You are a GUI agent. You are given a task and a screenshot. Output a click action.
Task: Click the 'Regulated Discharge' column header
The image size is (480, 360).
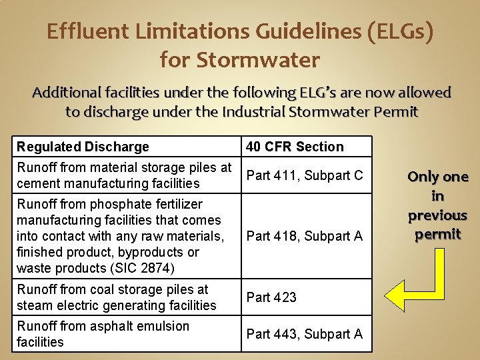(x=83, y=147)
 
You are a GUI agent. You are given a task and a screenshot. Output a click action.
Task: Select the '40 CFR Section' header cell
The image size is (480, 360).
(x=295, y=147)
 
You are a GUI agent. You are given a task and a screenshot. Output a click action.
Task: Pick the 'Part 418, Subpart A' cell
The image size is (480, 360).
(x=305, y=236)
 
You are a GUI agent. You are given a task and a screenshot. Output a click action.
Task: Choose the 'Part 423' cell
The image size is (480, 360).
(x=271, y=297)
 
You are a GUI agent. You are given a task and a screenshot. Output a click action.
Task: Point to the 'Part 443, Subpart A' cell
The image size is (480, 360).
(x=305, y=333)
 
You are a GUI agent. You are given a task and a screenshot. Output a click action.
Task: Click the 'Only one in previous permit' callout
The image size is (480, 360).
(x=437, y=205)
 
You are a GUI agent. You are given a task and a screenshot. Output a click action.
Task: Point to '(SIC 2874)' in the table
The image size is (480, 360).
(x=153, y=268)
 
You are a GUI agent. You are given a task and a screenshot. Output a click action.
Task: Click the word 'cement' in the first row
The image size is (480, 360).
(x=37, y=183)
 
